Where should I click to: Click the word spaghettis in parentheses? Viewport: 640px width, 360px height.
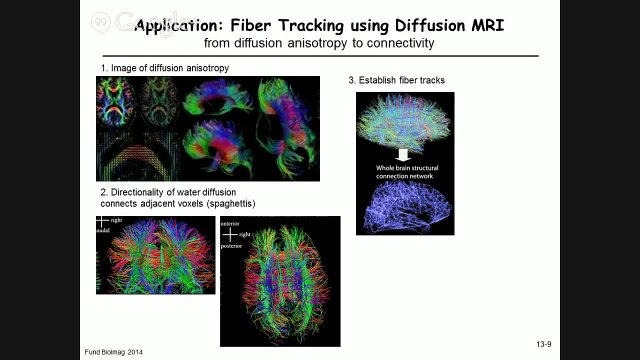click(x=228, y=204)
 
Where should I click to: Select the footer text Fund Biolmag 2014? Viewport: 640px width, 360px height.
click(x=113, y=352)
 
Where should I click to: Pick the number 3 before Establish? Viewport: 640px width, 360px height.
click(x=350, y=80)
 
